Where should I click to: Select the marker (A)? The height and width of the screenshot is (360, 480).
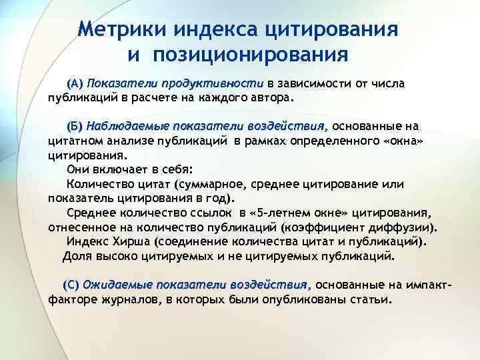click(75, 83)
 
